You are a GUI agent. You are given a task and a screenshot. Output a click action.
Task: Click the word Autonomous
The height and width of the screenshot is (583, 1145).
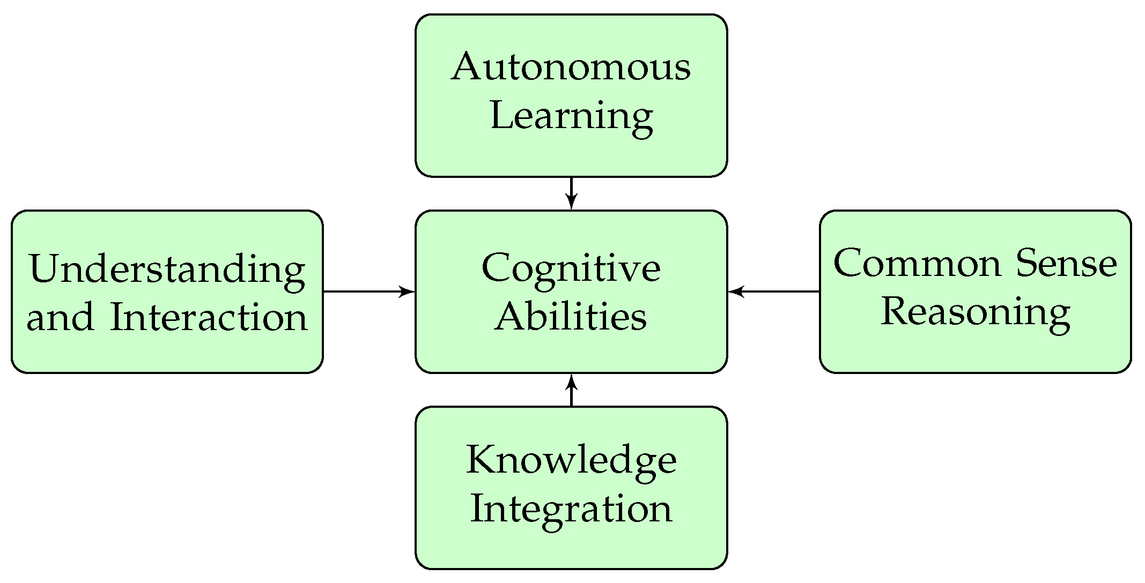coord(571,68)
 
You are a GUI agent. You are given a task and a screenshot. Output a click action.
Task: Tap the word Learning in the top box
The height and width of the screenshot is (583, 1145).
coord(571,117)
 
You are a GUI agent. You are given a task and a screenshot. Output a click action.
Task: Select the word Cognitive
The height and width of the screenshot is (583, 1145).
coord(571,267)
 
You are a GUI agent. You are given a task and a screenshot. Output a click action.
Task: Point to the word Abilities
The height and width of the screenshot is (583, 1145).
coord(571,316)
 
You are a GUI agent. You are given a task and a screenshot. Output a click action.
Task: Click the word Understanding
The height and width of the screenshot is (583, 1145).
coord(167,269)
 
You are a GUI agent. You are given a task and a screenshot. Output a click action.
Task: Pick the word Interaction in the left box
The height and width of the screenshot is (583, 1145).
coord(209,317)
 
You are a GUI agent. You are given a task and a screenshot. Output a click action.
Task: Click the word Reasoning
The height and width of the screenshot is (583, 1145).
coord(976,312)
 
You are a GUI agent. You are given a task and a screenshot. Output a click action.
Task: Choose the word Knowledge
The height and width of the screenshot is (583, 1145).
coord(571,460)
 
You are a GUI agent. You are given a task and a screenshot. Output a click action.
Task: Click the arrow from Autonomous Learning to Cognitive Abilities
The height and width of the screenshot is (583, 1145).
coord(571,193)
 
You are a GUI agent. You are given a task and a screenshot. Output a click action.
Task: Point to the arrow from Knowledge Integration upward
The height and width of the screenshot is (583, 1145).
coord(571,390)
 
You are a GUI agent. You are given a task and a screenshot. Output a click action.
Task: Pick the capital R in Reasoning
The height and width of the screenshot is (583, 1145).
coord(896,311)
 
